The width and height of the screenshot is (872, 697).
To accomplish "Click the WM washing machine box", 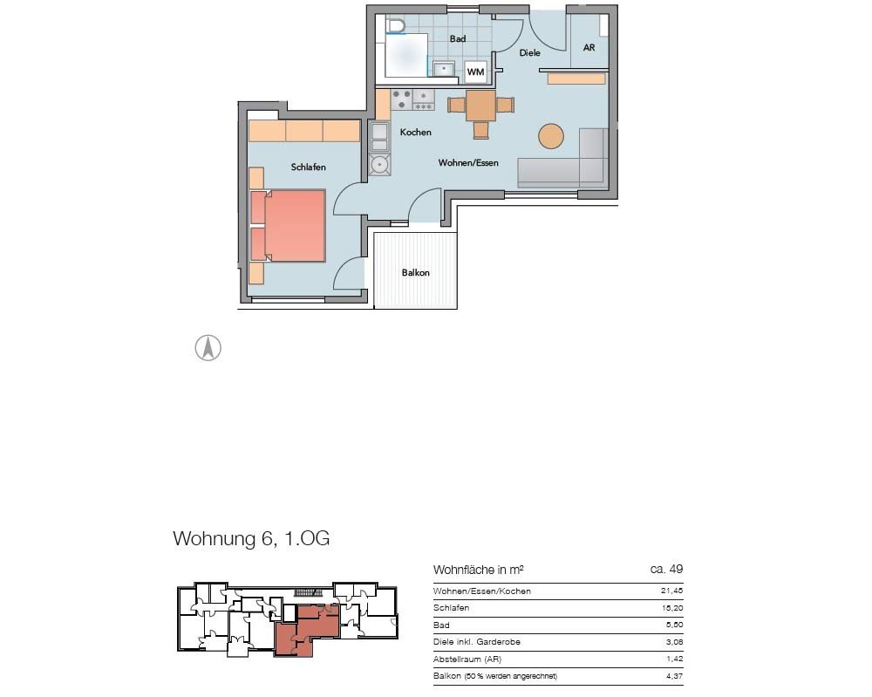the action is point(475,72).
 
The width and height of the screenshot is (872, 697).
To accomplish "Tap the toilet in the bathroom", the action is point(397,25).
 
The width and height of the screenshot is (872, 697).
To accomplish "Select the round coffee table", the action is point(550,135).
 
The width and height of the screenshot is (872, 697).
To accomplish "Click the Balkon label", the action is point(415,272).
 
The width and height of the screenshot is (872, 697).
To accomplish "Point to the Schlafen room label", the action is point(308,167).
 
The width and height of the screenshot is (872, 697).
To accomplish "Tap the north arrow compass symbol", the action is point(208,348).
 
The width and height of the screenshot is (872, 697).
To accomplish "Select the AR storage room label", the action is point(589,48).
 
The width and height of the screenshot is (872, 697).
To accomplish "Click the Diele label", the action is point(529,53).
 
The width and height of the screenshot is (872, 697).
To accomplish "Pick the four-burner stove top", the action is point(402,99).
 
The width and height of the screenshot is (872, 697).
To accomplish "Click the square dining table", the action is point(480,106).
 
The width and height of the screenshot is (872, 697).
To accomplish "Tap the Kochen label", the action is point(415,132).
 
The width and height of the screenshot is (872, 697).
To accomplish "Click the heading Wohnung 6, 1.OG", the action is point(251,538).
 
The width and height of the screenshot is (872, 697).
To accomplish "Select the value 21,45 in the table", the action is point(671,591).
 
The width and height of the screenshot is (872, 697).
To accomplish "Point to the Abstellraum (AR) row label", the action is point(467,659).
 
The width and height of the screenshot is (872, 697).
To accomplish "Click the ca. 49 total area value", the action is point(666,569).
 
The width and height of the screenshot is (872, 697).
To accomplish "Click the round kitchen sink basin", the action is point(380,165).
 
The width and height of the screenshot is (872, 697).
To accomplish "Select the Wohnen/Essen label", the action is point(468,162).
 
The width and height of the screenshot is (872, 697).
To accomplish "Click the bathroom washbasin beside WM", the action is point(444,69).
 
